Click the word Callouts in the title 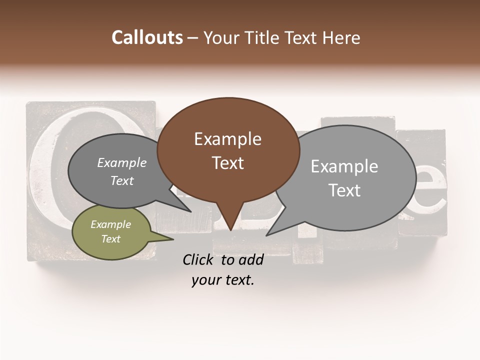click(147, 37)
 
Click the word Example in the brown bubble click(227, 139)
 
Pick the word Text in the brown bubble click(227, 163)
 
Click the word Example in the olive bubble click(110, 224)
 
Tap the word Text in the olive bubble click(110, 239)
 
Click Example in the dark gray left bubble click(121, 163)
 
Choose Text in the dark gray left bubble click(121, 180)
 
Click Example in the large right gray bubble click(344, 166)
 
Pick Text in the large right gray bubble click(344, 190)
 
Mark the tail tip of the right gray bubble click(268, 234)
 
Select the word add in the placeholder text click(251, 260)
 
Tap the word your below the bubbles click(205, 280)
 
